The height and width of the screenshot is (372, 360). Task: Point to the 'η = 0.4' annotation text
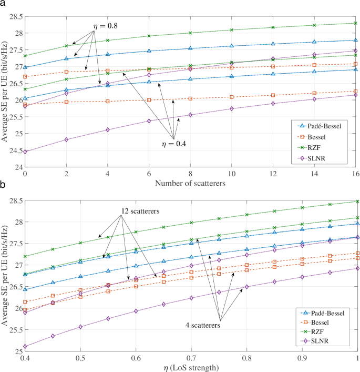click(173, 143)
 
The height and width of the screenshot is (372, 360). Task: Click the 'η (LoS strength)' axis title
click(191, 367)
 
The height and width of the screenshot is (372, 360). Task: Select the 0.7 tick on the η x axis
click(191, 357)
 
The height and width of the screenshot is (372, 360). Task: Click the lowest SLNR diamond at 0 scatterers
click(25, 152)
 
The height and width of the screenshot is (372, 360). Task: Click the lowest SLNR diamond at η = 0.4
click(25, 346)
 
